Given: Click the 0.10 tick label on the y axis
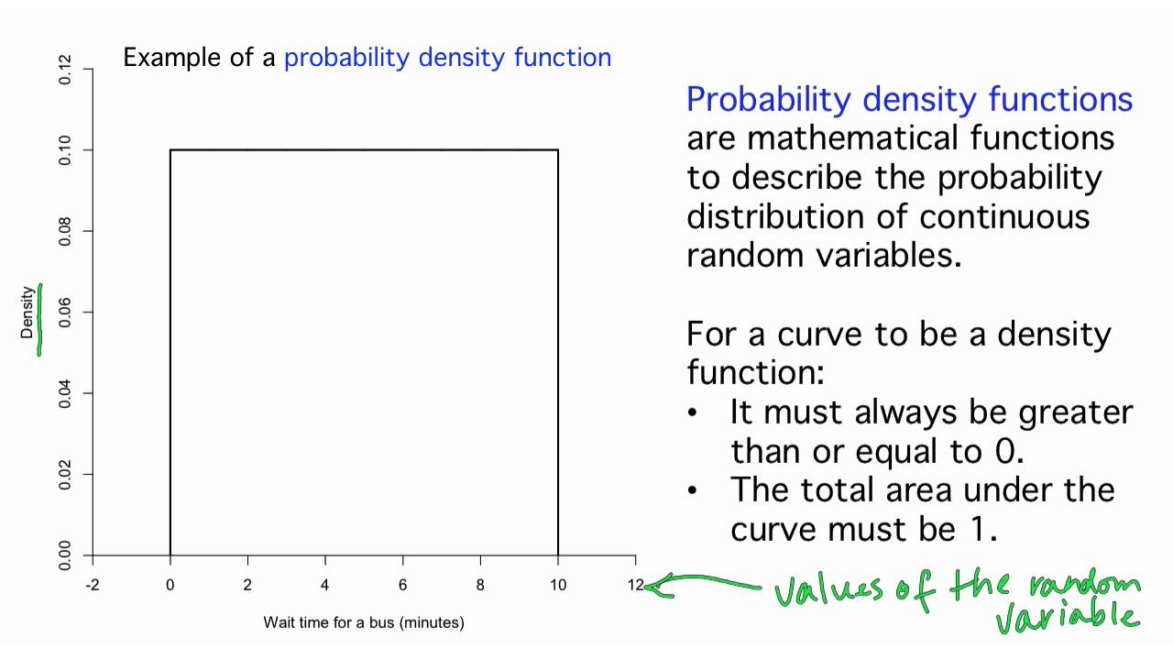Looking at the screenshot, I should pyautogui.click(x=65, y=150).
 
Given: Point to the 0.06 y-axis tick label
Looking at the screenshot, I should pyautogui.click(x=65, y=313).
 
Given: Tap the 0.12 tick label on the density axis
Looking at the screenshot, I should pyautogui.click(x=65, y=70).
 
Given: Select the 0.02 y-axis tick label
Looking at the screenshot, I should pyautogui.click(x=65, y=475).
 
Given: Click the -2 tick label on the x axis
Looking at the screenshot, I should pyautogui.click(x=92, y=585).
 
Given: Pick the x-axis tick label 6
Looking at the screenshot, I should pyautogui.click(x=402, y=585).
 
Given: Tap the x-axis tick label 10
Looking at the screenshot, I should pyautogui.click(x=557, y=585).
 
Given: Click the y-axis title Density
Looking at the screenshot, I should pyautogui.click(x=27, y=313).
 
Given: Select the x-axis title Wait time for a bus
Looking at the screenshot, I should pyautogui.click(x=364, y=622).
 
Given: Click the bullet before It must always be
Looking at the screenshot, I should pyautogui.click(x=695, y=412).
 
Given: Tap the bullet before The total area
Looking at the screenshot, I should pyautogui.click(x=695, y=489).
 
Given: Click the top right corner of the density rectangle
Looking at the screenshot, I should pyautogui.click(x=558, y=150).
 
